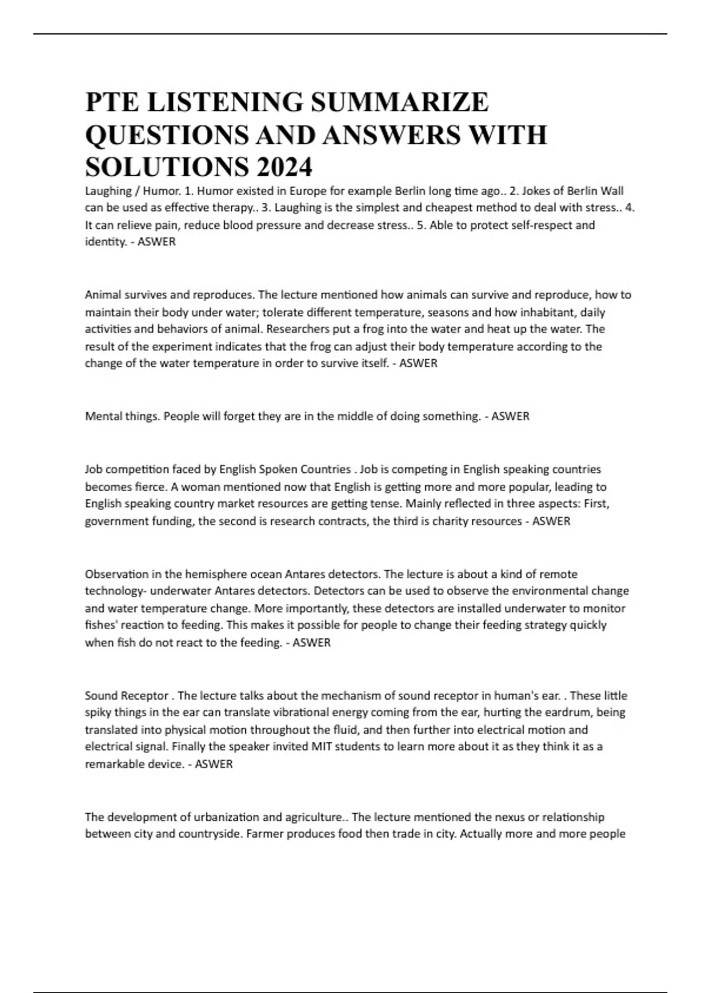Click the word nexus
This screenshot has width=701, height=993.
[510, 817]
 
